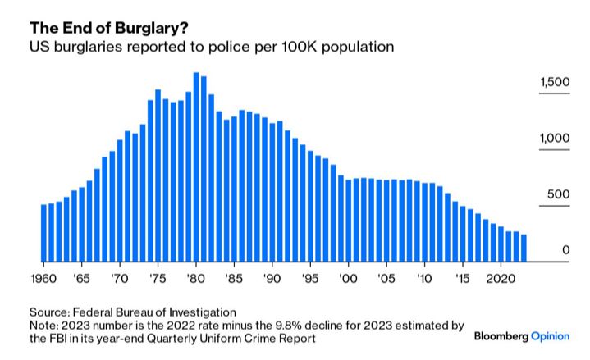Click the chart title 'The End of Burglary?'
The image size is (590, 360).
98,26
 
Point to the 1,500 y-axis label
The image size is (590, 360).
555,83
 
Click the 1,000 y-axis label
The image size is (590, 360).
555,139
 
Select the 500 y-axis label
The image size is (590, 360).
559,194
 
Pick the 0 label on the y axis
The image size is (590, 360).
565,250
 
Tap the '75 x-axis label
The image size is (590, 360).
158,279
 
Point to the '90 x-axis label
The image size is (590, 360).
272,279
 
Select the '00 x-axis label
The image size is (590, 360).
349,279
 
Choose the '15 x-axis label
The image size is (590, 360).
463,279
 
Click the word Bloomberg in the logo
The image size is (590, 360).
501,337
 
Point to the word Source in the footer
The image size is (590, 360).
49,312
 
